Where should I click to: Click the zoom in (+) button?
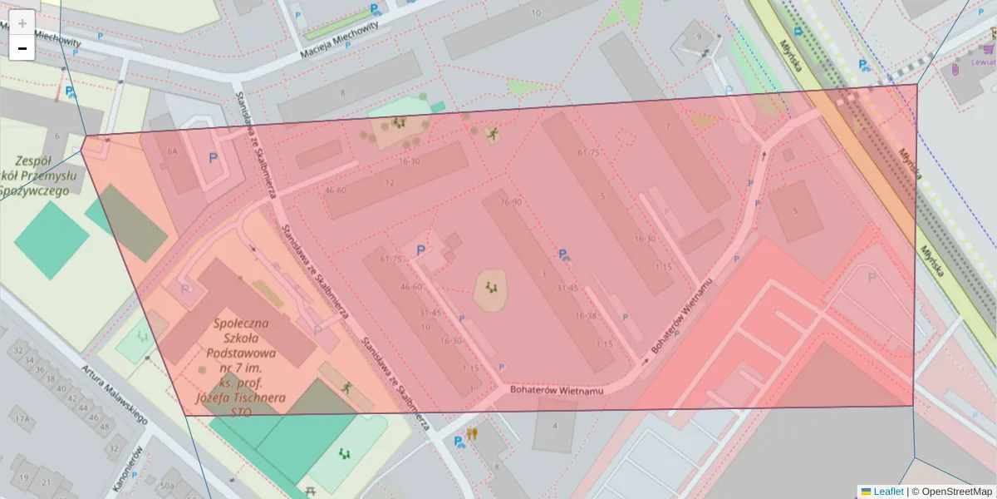click(22, 23)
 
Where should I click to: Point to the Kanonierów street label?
click(128, 467)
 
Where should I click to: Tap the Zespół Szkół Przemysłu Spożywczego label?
click(46, 175)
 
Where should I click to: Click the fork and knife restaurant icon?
click(472, 433)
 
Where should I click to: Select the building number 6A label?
click(173, 151)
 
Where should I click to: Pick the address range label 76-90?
click(510, 202)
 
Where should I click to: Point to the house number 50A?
click(168, 485)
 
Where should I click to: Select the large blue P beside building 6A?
click(214, 156)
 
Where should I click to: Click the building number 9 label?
click(698, 37)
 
